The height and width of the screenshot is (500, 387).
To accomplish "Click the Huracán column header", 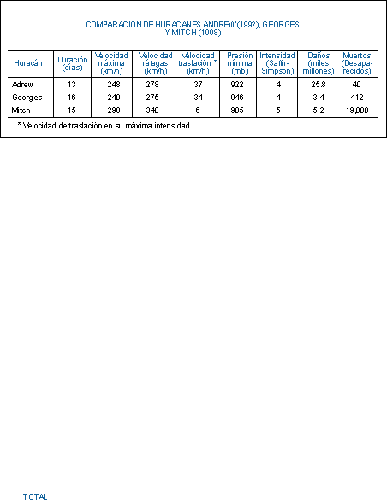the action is point(28,63).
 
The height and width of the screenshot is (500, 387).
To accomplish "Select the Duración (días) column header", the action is point(73,63).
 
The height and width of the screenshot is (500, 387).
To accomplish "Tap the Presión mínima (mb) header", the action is point(240,63).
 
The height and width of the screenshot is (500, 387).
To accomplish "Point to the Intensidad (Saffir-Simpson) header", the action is point(277,63).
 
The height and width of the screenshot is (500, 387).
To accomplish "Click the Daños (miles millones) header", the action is point(319,63).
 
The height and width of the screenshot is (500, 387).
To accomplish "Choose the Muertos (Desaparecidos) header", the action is point(357,63).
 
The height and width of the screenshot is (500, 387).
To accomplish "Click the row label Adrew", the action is point(22,85).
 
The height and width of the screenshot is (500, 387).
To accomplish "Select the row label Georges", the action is point(27,98).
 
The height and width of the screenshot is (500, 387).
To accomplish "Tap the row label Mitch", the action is point(21,110).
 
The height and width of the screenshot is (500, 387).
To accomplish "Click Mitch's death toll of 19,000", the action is point(357,110).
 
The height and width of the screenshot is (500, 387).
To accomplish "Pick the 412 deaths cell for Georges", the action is point(357,98).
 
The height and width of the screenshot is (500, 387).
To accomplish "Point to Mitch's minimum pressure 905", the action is point(237,110).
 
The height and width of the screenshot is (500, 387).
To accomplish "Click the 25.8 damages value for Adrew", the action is point(319,85).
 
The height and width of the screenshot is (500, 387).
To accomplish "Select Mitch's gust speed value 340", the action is point(152,110).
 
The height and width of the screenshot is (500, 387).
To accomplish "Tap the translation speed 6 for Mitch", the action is point(198,110).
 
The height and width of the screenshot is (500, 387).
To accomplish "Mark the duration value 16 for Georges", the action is point(72,98).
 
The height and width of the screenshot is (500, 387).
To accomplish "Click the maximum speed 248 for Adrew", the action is point(114,85).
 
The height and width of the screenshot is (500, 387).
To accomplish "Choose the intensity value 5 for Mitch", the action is point(278,110).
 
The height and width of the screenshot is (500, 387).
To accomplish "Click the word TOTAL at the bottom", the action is point(35,497).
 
